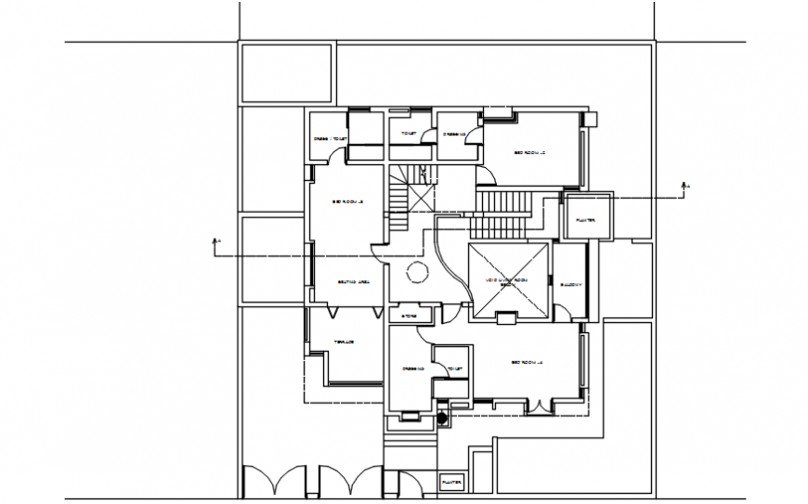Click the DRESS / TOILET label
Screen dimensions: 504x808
[x=330, y=140]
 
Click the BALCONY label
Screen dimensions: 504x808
[x=570, y=284]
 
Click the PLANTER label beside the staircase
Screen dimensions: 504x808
[x=586, y=221]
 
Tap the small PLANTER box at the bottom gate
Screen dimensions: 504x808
[x=451, y=483]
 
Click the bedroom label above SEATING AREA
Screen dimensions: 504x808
[x=347, y=202]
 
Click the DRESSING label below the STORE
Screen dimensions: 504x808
[x=413, y=368]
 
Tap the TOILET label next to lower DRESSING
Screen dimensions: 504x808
[x=454, y=368]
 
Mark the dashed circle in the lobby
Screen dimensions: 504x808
[x=415, y=271]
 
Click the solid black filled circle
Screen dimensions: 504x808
[x=443, y=417]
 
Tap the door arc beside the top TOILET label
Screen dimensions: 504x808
[x=428, y=136]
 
